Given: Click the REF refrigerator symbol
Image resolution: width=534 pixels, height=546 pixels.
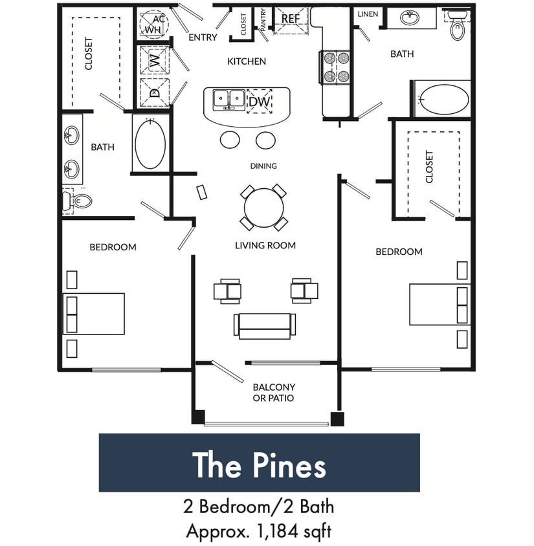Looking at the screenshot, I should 291,19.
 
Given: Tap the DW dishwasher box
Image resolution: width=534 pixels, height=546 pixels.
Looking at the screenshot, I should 260,101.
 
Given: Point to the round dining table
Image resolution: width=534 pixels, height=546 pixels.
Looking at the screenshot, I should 263,208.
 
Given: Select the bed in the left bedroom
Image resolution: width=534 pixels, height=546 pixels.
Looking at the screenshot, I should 95,314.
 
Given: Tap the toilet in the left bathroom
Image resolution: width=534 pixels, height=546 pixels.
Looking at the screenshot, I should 77,201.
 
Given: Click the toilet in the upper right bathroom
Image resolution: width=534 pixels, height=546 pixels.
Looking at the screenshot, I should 458,25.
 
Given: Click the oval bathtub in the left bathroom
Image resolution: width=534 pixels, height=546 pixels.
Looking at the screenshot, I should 150,143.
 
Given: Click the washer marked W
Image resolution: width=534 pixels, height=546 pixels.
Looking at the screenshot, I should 154,61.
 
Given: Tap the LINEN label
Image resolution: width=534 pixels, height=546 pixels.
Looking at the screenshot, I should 368,14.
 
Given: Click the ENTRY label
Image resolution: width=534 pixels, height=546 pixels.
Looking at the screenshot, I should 203,38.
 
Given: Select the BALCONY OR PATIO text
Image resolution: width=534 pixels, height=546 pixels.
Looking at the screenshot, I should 273,393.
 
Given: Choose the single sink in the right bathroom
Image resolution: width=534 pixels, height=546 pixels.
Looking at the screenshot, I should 409,18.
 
